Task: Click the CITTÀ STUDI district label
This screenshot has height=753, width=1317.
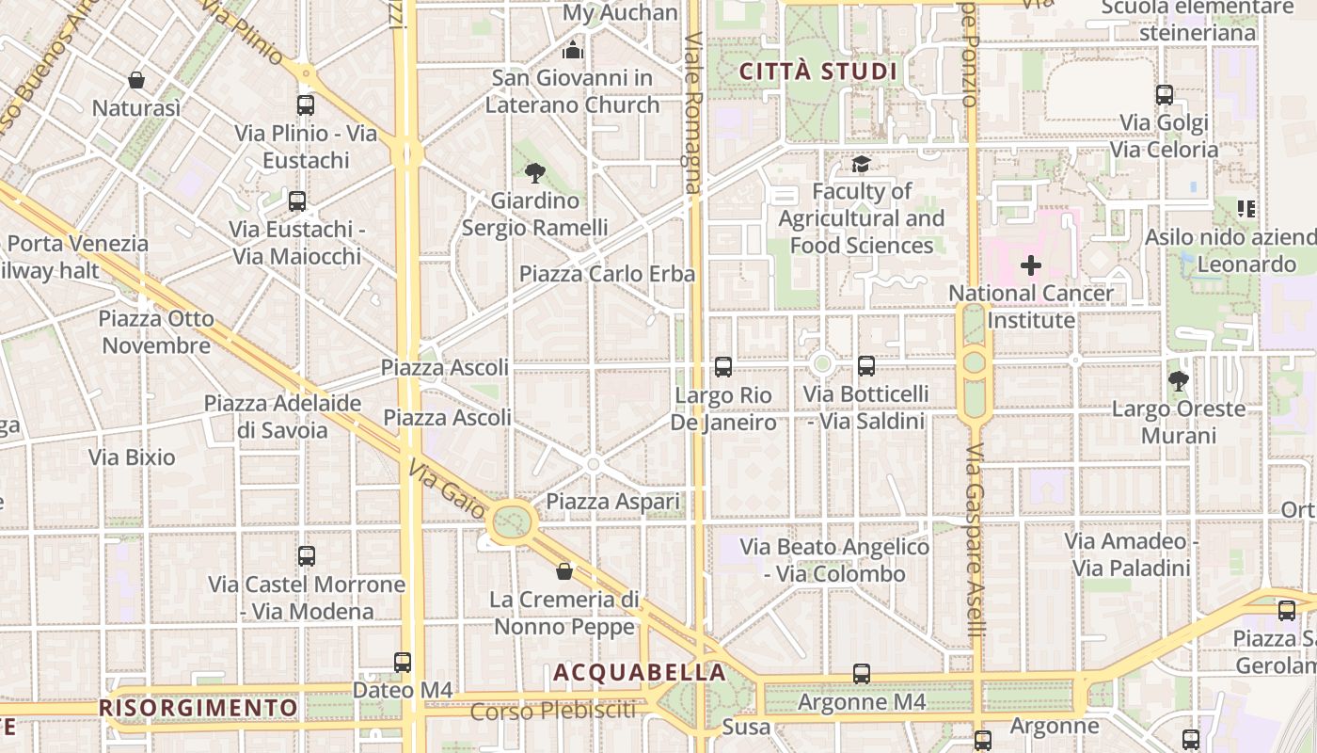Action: (x=817, y=72)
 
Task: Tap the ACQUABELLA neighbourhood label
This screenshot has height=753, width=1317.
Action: (x=640, y=672)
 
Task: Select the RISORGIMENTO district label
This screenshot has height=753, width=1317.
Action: (x=198, y=707)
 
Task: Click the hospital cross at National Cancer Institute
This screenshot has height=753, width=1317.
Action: (x=1031, y=265)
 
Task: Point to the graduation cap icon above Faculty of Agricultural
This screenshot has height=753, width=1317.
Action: (x=861, y=165)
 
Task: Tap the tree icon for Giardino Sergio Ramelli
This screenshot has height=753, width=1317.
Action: (x=534, y=172)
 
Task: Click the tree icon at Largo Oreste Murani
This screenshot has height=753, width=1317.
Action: (x=1177, y=381)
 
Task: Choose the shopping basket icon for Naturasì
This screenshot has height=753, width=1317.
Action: (x=136, y=80)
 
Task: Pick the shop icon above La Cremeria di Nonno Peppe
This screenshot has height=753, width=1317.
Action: (x=564, y=571)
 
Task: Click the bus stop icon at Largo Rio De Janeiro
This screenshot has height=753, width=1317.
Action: (x=722, y=366)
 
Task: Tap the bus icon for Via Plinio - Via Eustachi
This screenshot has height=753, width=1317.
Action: (x=306, y=104)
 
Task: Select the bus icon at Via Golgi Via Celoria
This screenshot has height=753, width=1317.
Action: (x=1165, y=94)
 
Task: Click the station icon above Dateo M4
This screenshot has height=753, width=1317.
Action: (x=403, y=663)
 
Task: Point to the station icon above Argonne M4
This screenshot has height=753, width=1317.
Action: (x=862, y=674)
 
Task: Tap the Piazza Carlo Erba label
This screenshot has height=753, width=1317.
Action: (x=607, y=274)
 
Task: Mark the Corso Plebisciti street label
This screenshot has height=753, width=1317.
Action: (x=553, y=711)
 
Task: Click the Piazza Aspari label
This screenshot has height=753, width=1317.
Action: (x=612, y=502)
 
